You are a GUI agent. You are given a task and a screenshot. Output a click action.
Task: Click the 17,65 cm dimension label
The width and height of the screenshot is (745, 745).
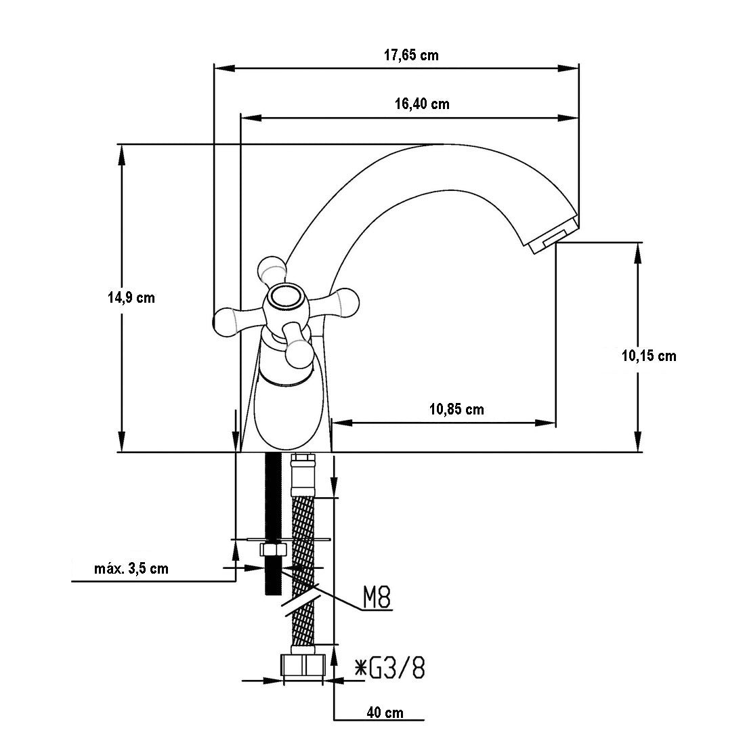411,56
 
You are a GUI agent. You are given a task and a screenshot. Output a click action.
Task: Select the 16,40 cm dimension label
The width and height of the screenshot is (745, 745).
421,104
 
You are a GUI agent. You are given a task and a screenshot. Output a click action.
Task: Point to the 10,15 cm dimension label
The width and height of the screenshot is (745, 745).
649,356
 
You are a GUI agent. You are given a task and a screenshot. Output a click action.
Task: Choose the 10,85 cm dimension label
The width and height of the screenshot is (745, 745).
456,409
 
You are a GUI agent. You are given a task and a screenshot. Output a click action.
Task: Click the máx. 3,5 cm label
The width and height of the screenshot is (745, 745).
131,568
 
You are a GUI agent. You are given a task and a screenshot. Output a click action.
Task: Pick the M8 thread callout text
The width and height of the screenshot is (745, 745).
377,599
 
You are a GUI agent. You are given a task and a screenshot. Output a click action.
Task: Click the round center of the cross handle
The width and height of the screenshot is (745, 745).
285,298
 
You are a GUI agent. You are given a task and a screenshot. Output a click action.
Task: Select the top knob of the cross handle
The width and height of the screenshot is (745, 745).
272,268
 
